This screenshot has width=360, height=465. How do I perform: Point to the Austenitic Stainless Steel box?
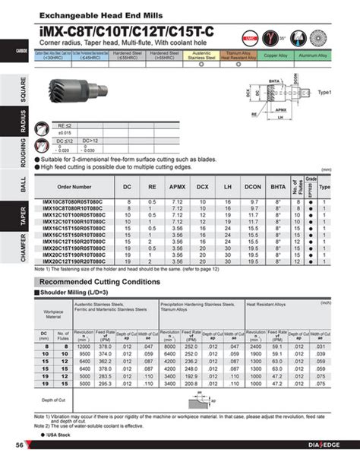pos(201,55)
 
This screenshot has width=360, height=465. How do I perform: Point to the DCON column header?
pos(254,185)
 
